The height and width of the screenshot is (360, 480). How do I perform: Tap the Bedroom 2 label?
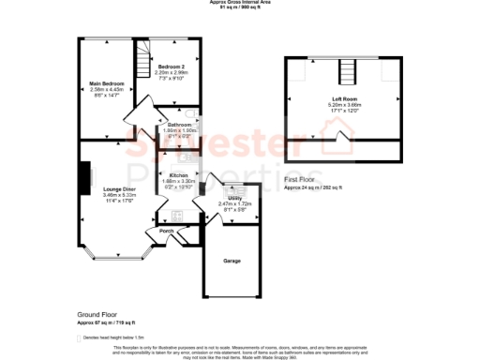[x=170, y=67]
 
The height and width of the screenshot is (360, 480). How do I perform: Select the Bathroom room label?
[x=179, y=125]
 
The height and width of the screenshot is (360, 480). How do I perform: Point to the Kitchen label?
[x=179, y=175]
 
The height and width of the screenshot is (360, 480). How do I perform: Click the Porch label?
[x=167, y=231]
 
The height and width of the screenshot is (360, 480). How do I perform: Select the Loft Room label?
[x=343, y=99]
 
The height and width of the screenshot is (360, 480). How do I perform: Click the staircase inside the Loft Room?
[x=346, y=71]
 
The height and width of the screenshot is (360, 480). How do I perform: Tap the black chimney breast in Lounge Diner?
[x=84, y=174]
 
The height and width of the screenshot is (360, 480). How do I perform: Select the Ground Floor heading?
[x=97, y=316]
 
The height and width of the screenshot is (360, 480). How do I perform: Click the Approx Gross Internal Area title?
[x=239, y=3]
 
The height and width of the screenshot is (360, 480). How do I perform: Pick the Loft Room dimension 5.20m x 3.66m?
[x=343, y=105]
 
